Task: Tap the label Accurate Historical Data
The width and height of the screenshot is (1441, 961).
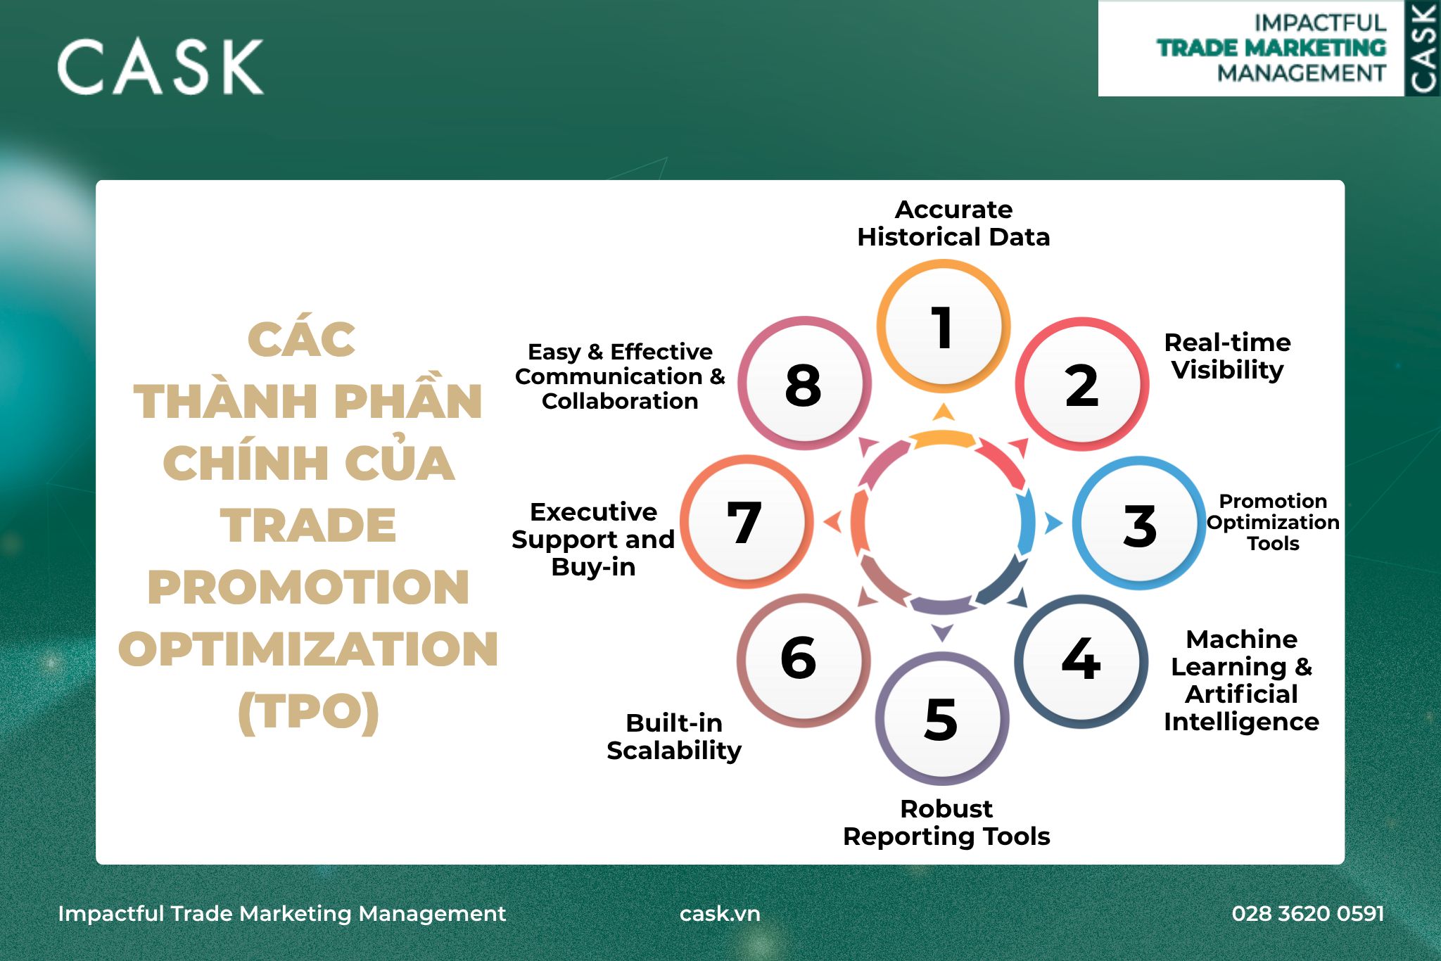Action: pos(953,223)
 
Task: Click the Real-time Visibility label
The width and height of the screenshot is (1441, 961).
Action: pos(1228,356)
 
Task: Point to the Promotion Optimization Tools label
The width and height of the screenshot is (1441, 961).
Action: pos(1273,522)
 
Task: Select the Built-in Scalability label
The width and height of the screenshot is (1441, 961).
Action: pos(674,737)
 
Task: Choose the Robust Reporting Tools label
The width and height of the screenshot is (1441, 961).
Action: pos(946,822)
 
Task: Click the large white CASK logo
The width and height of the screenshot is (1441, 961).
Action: pos(160,67)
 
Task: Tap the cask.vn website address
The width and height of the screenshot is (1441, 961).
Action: pos(720,913)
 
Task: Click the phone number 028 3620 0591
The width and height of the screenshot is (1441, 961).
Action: pos(1308,913)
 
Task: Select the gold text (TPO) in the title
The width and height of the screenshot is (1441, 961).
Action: pos(308,713)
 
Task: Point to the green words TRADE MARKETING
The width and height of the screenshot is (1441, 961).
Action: pos(1271,48)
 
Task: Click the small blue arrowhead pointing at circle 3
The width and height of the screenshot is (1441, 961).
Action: pos(1053,523)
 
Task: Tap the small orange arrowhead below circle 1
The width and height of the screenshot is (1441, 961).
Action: pos(943,412)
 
